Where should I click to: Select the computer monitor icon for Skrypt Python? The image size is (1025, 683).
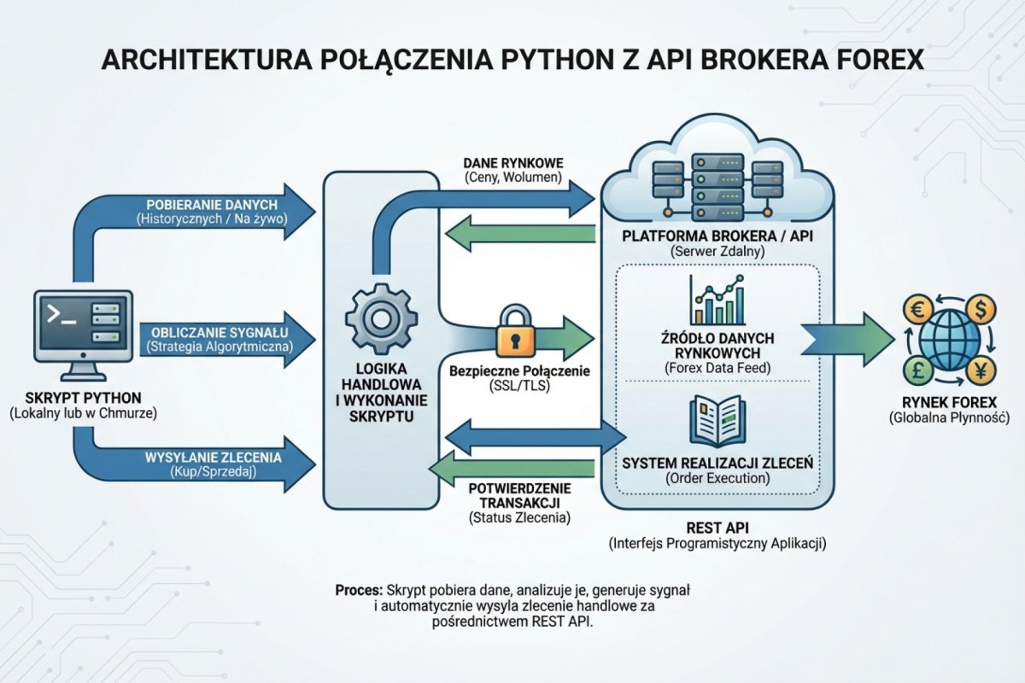[x=83, y=329]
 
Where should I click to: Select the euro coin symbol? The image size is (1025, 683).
[x=921, y=309]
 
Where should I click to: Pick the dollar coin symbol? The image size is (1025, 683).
[x=979, y=307]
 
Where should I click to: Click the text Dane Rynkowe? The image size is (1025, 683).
[x=512, y=162]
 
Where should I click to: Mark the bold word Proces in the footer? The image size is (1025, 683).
[x=358, y=591]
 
